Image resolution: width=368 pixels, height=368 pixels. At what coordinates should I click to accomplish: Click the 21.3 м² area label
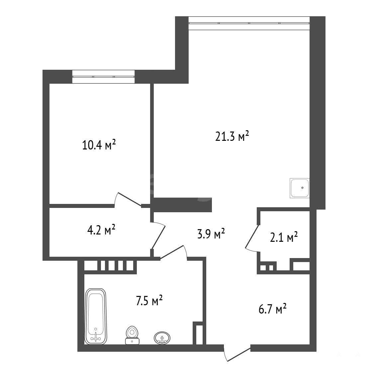232,137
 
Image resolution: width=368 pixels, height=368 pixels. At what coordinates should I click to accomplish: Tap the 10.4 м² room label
99,145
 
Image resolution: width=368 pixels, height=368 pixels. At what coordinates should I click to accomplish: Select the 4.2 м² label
101,230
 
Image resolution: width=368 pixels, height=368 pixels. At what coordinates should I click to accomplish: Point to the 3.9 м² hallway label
211,233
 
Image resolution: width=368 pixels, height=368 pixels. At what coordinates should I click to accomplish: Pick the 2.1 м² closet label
284,237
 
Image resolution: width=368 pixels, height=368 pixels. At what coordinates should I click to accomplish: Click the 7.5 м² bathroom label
149,301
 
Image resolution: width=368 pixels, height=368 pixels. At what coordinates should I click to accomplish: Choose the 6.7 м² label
272,309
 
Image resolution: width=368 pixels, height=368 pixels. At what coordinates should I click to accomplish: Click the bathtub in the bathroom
96,317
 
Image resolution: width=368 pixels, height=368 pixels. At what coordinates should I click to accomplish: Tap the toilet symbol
132,335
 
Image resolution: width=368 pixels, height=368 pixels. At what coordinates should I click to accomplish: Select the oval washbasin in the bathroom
162,338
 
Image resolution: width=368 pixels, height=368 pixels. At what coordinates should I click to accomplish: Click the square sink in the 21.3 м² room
300,188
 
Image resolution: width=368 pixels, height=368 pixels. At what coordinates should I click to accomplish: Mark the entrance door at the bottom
237,354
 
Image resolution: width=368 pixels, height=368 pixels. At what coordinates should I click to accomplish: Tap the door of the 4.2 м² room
159,235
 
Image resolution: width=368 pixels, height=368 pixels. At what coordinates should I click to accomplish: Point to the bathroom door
173,252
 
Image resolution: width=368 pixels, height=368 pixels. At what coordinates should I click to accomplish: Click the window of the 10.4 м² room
104,77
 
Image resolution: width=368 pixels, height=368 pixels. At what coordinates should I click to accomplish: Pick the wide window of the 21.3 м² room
249,23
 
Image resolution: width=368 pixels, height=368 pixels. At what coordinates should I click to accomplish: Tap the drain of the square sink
302,188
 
